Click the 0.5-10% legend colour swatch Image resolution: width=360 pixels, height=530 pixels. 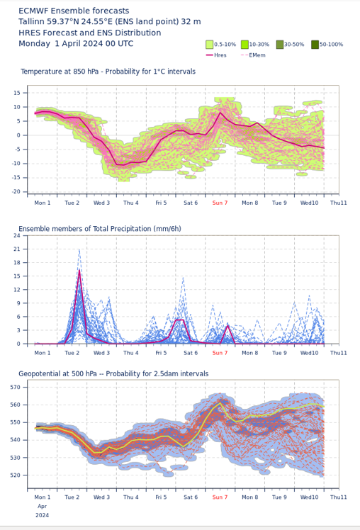coord(210,44)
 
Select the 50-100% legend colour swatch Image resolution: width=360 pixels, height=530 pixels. coord(315,44)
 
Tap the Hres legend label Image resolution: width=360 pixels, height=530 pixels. coord(220,55)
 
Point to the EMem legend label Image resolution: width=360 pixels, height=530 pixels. coord(257,55)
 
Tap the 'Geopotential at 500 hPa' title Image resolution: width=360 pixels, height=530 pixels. coord(58,374)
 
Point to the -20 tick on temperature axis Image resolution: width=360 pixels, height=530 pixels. coord(16,191)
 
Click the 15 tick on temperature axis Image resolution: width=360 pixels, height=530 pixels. coord(17,93)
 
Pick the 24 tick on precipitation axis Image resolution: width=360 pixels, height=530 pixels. coord(17,235)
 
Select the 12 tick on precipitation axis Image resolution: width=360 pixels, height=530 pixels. coord(17,290)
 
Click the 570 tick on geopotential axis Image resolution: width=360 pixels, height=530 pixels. coord(16,387)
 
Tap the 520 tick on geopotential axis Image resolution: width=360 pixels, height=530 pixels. coord(16,475)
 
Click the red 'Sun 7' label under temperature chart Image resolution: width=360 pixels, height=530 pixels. coord(220,203)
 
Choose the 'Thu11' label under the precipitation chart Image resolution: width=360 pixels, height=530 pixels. coord(338,353)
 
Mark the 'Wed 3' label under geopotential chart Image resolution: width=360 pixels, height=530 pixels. coord(101,497)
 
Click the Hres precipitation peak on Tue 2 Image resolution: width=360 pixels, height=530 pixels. coord(79,270)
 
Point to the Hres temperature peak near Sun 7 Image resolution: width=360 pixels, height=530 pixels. coord(220,113)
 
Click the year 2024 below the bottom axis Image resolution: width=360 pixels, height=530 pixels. coord(43,515)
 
